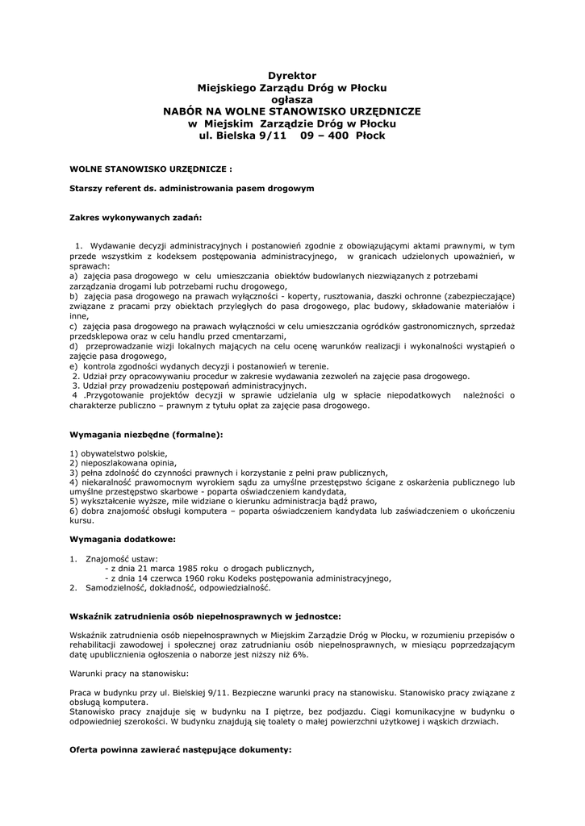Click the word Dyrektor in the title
click(x=291, y=75)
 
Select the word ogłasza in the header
click(x=291, y=99)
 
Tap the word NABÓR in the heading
click(x=189, y=111)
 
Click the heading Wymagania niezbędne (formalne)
click(x=146, y=434)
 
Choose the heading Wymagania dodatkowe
click(x=123, y=538)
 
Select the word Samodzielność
click(x=117, y=587)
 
